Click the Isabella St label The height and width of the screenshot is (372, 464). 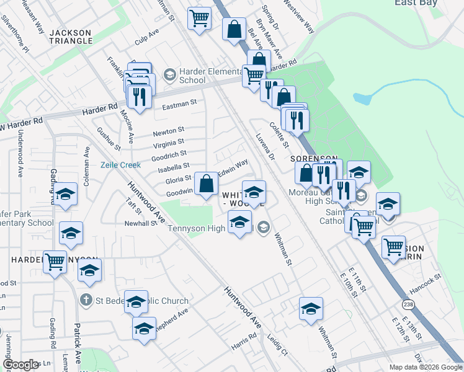pyautogui.click(x=174, y=167)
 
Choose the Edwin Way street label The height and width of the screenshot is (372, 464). pyautogui.click(x=233, y=167)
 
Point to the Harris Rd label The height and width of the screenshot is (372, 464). pyautogui.click(x=244, y=338)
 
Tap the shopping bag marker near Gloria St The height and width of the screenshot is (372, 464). pyautogui.click(x=206, y=184)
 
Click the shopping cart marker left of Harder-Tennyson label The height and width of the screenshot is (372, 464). pyautogui.click(x=55, y=262)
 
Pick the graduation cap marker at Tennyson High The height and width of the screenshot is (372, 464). pyautogui.click(x=239, y=222)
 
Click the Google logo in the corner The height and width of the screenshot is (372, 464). pyautogui.click(x=20, y=365)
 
